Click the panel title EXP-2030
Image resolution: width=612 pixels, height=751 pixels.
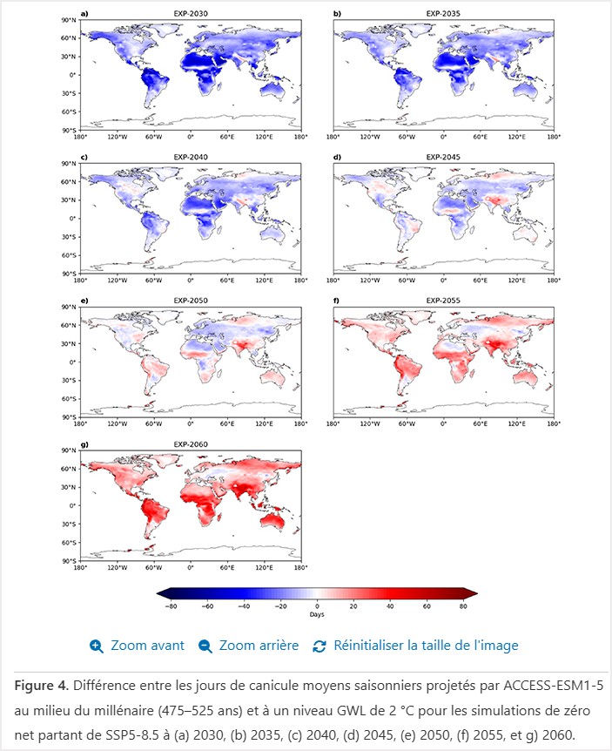[190, 14]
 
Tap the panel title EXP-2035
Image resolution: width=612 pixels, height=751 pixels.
[443, 14]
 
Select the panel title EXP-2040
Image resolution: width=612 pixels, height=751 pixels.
[190, 158]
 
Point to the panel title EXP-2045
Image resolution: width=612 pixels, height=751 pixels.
[443, 158]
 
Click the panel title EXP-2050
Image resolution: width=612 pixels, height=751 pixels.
[190, 301]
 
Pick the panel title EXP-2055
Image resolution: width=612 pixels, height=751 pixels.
[443, 301]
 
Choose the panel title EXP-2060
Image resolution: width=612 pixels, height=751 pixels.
[190, 445]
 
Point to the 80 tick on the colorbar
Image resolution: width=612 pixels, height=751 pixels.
[463, 605]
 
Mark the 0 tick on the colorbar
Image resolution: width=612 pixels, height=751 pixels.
[317, 605]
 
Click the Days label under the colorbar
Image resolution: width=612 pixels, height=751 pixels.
[317, 614]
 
